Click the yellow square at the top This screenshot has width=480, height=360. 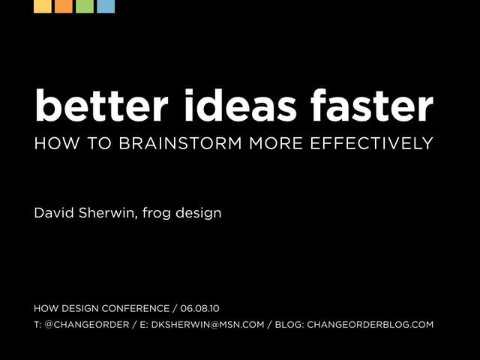pyautogui.click(x=43, y=6)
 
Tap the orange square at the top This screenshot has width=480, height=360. pyautogui.click(x=64, y=6)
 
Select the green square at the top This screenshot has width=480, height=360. pyautogui.click(x=85, y=6)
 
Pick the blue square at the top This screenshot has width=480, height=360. pyautogui.click(x=106, y=6)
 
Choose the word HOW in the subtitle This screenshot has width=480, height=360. pyautogui.click(x=49, y=143)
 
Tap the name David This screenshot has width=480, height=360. pyautogui.click(x=54, y=213)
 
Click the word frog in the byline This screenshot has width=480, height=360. pyautogui.click(x=160, y=214)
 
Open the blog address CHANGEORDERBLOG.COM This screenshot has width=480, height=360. pyautogui.click(x=370, y=325)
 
